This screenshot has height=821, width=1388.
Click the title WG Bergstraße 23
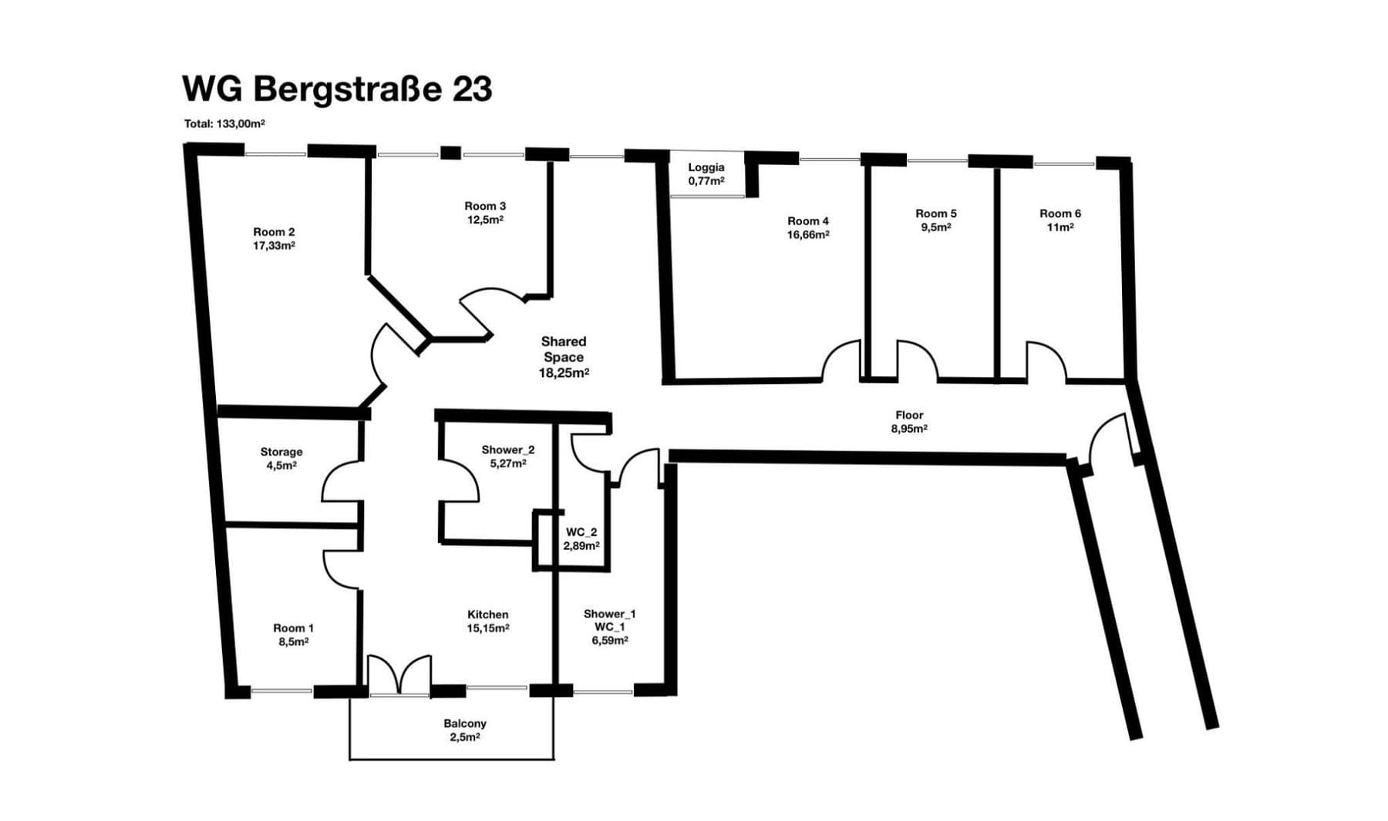tap(337, 89)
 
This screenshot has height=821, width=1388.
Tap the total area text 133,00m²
tap(224, 123)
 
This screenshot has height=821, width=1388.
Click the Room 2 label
tap(274, 232)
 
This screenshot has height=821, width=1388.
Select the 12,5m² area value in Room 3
tap(485, 220)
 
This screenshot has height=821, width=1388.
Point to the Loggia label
tap(706, 167)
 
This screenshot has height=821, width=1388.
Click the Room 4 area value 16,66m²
tap(807, 235)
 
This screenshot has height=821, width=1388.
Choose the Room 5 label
tap(935, 214)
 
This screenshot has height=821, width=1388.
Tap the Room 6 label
tap(1060, 214)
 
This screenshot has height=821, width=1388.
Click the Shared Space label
tap(564, 349)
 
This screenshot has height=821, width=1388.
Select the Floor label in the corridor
tap(909, 415)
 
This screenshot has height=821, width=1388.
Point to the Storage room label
tap(281, 452)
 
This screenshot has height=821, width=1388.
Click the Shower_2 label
tap(507, 449)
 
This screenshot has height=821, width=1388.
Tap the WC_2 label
tap(581, 532)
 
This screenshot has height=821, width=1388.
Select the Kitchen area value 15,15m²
tap(487, 628)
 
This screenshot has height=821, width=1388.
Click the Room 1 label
tap(293, 628)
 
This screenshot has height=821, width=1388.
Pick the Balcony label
tap(464, 723)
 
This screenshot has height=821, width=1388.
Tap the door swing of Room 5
tap(917, 361)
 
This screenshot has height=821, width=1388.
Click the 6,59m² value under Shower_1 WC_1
tap(609, 641)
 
